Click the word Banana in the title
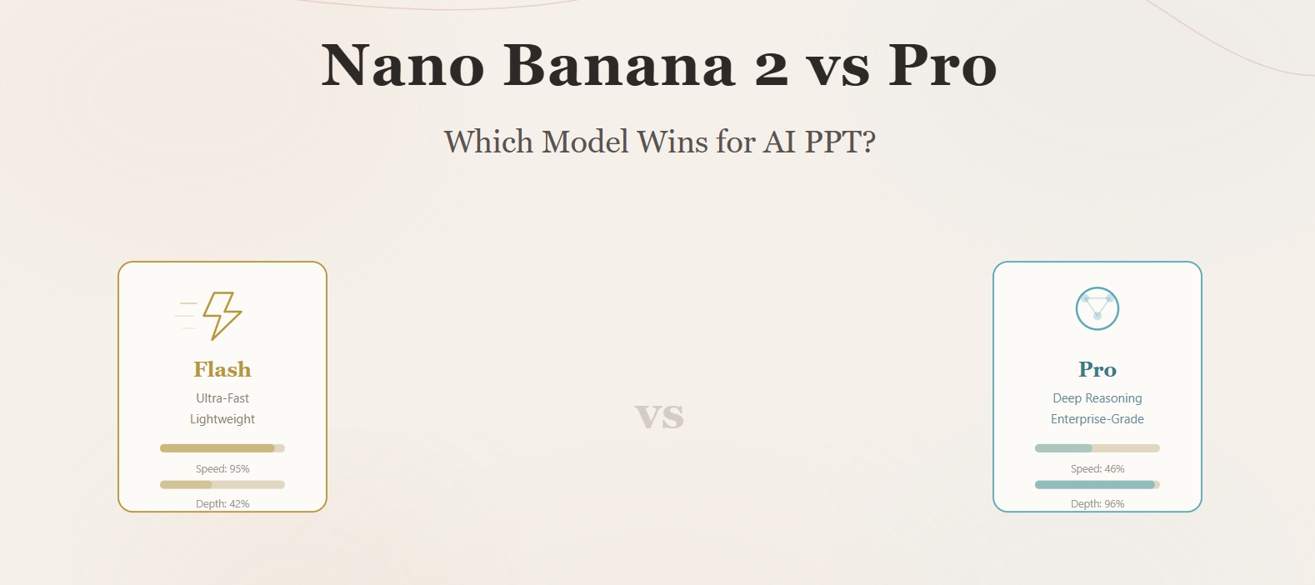pos(619,65)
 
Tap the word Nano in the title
pos(403,65)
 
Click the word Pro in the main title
pos(942,65)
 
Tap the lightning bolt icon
pos(222,316)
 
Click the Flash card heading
pos(222,369)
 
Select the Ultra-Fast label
pos(222,398)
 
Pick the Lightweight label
pos(222,419)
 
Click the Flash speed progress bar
pos(222,448)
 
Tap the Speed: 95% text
pos(222,469)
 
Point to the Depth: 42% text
pos(222,503)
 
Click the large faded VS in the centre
pos(659,416)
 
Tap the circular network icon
pos(1097,308)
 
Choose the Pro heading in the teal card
pos(1097,369)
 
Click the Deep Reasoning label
pos(1097,398)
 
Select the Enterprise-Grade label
pos(1097,419)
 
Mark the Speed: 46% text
pos(1097,469)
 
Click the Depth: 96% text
pos(1097,503)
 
